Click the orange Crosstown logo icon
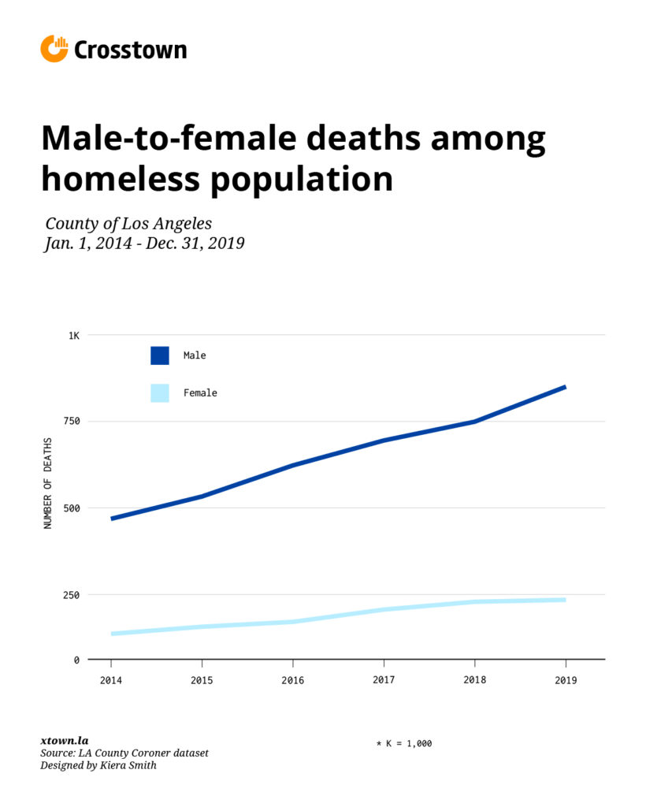pyautogui.click(x=54, y=49)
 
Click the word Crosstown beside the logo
pyautogui.click(x=130, y=50)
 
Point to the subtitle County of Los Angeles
pyautogui.click(x=128, y=223)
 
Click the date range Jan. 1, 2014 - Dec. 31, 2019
pyautogui.click(x=144, y=244)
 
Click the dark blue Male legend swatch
pyautogui.click(x=160, y=355)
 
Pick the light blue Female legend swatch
pyautogui.click(x=160, y=392)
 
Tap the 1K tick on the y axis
pyautogui.click(x=73, y=335)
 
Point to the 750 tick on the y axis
pyautogui.click(x=72, y=422)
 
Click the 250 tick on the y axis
pyautogui.click(x=72, y=595)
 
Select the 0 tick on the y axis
pyautogui.click(x=76, y=660)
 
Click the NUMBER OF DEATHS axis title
pyautogui.click(x=48, y=483)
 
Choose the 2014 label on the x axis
pyautogui.click(x=111, y=680)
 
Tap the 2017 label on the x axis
pyautogui.click(x=384, y=680)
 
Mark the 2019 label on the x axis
pyautogui.click(x=565, y=680)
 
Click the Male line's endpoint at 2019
pyautogui.click(x=565, y=387)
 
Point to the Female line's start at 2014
pyautogui.click(x=112, y=634)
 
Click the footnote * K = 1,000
pyautogui.click(x=403, y=743)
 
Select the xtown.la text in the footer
pyautogui.click(x=64, y=741)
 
